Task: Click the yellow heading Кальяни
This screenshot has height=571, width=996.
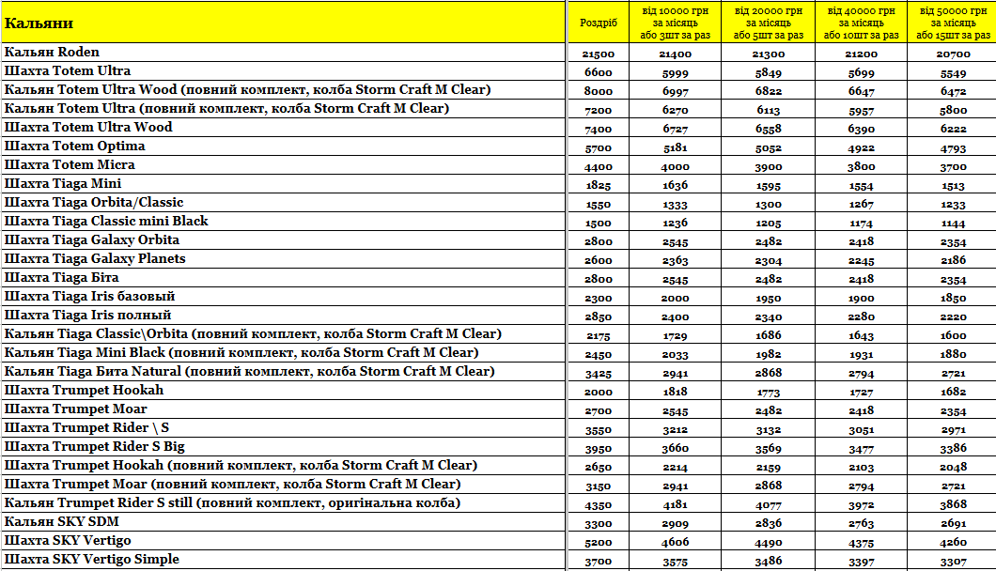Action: [x=39, y=23]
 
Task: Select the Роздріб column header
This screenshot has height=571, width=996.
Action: [x=599, y=23]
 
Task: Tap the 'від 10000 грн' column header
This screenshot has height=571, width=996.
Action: [x=676, y=23]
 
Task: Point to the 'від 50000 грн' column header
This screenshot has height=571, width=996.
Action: [x=952, y=23]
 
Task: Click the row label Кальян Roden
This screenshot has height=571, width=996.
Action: [x=53, y=53]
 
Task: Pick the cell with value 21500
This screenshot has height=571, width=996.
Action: [x=599, y=54]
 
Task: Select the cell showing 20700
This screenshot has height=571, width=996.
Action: [x=952, y=54]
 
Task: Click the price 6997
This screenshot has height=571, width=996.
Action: [x=676, y=92]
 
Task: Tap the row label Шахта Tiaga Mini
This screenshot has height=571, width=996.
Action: [x=63, y=184]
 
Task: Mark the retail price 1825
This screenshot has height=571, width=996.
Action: [x=599, y=186]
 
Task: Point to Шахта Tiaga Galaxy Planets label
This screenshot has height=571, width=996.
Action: [x=95, y=259]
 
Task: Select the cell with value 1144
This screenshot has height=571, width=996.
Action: [x=952, y=224]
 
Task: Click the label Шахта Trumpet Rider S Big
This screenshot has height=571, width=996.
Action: [x=95, y=447]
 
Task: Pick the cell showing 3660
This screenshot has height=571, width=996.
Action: [x=676, y=449]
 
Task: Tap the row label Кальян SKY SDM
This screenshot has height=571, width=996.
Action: [x=62, y=522]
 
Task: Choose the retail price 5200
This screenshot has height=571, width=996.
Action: [x=599, y=543]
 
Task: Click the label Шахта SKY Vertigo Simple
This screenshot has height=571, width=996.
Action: [x=92, y=560]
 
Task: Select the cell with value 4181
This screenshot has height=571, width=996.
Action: [x=676, y=505]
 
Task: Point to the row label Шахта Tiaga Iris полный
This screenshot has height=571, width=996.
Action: [x=88, y=316]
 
